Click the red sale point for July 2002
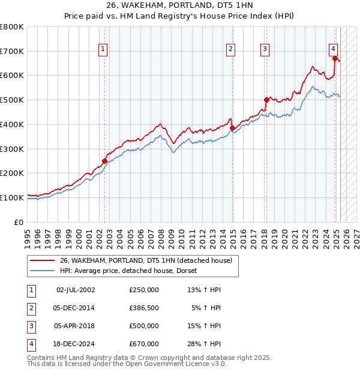[104, 161]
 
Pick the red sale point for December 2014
[232, 128]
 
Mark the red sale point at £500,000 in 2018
[266, 100]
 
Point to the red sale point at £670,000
[335, 58]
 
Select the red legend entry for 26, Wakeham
[149, 260]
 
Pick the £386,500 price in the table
[144, 308]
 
